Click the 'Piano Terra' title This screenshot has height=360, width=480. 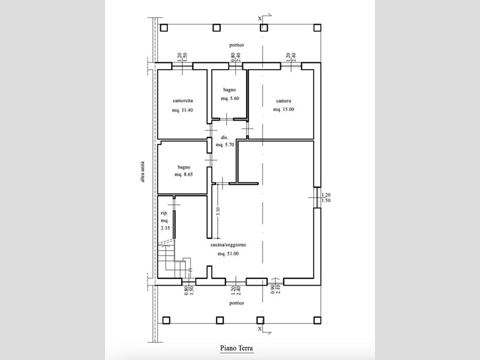[236, 348]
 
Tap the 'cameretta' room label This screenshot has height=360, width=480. [183, 100]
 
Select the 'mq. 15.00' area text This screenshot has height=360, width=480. [283, 109]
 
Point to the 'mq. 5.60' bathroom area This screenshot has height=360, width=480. [230, 98]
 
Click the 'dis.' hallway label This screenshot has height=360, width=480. [224, 138]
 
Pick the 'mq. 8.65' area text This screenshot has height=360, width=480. [184, 175]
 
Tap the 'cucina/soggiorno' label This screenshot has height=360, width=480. [229, 245]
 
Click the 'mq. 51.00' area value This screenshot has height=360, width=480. [229, 253]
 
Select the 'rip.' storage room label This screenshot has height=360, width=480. [164, 214]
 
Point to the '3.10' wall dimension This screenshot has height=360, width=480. [218, 211]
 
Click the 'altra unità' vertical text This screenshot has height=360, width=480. [142, 172]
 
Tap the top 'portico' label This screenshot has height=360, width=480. [236, 45]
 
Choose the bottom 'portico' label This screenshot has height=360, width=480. [236, 303]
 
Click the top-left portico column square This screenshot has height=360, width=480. [164, 28]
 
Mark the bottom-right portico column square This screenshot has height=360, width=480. [317, 320]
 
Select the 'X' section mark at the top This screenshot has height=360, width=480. [260, 19]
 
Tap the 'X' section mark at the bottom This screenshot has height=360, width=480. [260, 329]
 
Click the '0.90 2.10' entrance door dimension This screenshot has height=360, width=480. [275, 289]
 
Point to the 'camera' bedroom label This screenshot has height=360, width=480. [283, 101]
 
